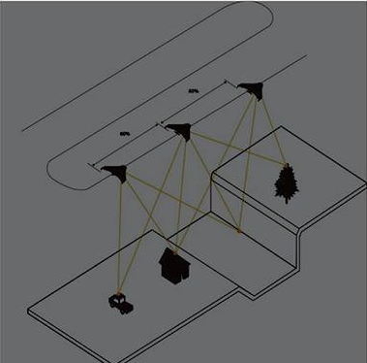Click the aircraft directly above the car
(115, 173)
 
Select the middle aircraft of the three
(179, 129)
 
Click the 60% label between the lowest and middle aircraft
(125, 133)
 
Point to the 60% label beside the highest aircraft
(194, 91)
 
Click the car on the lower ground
(120, 303)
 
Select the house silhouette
(171, 264)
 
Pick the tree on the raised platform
(285, 181)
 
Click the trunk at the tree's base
(285, 196)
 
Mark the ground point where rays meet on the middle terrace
(239, 231)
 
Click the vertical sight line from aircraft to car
(117, 238)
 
